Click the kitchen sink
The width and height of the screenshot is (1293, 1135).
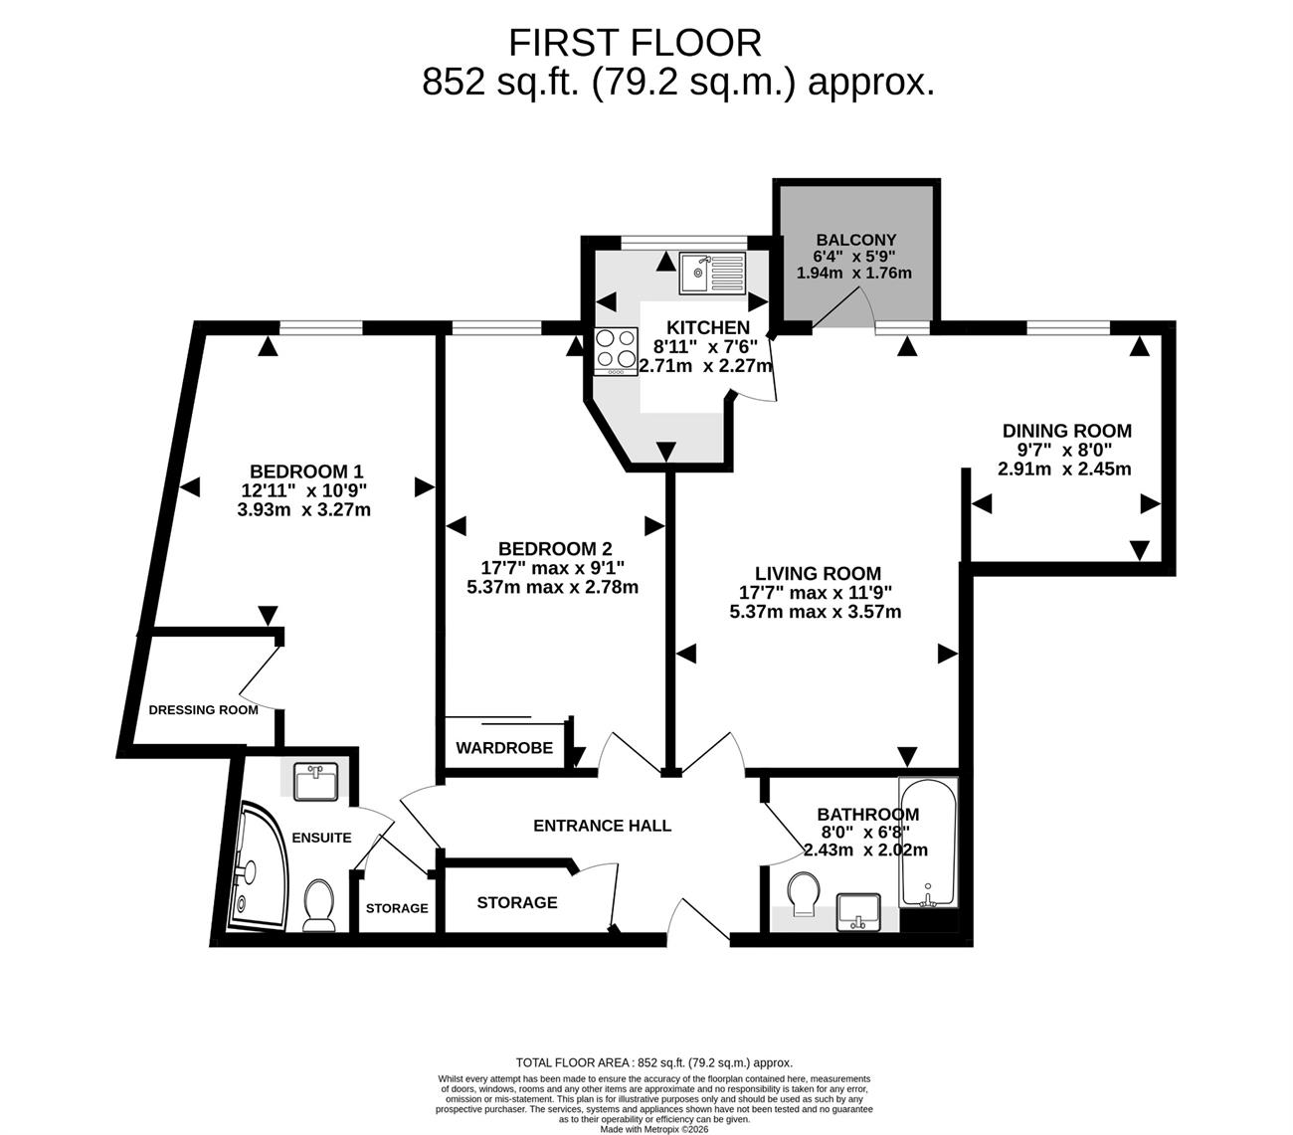coord(711,273)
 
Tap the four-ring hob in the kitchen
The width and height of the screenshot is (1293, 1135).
coord(616,351)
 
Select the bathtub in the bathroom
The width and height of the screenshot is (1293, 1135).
coord(927,842)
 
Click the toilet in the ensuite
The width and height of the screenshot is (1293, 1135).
coord(318,905)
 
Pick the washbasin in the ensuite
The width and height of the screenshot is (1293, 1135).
coord(315,781)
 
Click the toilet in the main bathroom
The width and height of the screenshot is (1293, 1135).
coord(803,895)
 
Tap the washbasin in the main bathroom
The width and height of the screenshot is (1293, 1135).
coord(858,911)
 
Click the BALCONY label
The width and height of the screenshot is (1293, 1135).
coord(855,240)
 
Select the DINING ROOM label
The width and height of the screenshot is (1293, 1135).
coord(1066,431)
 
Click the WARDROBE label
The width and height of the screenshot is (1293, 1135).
coord(504,747)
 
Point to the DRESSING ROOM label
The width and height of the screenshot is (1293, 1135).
coord(204,710)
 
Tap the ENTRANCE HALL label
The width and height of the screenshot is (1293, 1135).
coord(602,826)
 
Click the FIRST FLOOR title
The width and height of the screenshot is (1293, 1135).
coord(635,44)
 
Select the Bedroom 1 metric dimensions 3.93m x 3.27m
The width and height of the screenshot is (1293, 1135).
coord(303,510)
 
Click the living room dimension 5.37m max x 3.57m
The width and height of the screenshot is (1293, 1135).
coord(815,612)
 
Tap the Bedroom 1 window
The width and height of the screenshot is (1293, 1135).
coord(321,327)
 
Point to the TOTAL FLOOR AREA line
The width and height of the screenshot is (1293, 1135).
coord(654,1062)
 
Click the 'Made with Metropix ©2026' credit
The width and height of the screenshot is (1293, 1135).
coord(654,1129)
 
